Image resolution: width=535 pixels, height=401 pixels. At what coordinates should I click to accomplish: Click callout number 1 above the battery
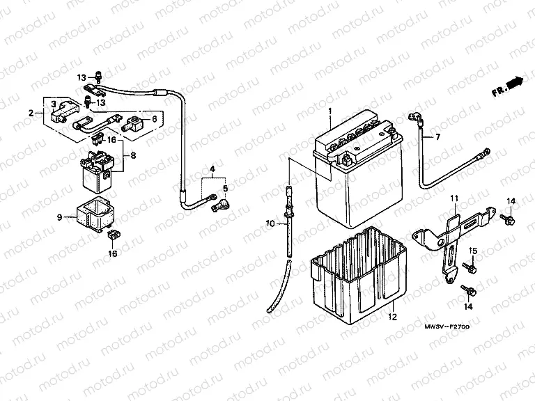click(x=330, y=111)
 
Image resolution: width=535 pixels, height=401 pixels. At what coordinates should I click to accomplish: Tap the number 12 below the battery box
click(x=392, y=317)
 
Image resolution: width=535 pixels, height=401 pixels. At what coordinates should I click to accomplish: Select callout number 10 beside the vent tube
click(x=269, y=224)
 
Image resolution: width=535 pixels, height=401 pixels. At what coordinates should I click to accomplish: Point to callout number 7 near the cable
click(x=438, y=136)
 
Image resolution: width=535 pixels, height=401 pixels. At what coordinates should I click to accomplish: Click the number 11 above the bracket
click(x=454, y=199)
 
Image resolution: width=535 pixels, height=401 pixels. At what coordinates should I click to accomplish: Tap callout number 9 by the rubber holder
click(x=61, y=217)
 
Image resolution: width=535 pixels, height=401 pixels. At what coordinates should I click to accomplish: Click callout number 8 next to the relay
click(x=133, y=156)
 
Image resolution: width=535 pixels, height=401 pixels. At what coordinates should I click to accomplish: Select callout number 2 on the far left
click(x=31, y=113)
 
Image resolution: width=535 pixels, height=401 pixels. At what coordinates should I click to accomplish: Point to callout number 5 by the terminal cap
click(x=225, y=188)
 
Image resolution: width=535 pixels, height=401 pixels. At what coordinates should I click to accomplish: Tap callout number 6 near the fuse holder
click(x=154, y=119)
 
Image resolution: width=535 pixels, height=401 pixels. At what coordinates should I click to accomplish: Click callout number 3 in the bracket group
click(x=52, y=104)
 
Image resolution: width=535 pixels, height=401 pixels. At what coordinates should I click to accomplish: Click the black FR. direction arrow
click(x=514, y=83)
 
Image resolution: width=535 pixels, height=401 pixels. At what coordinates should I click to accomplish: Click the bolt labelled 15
click(x=465, y=266)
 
